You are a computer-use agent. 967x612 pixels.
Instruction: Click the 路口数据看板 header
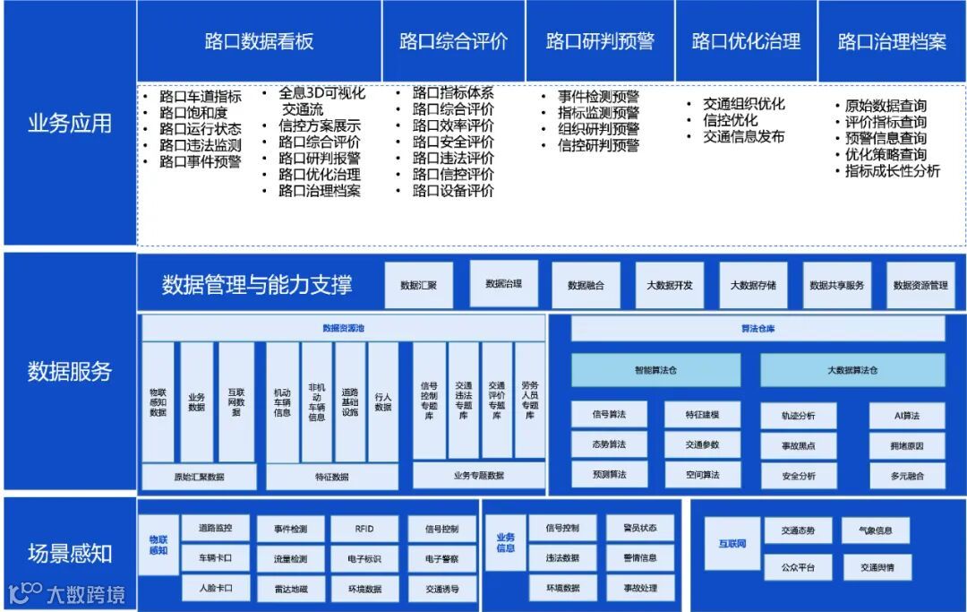(259, 41)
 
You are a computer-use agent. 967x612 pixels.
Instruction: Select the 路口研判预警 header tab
(600, 41)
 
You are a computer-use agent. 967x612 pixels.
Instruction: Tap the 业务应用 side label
(69, 123)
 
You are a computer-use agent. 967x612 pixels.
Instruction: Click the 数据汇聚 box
(418, 285)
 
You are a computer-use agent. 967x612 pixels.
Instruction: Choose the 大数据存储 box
(753, 285)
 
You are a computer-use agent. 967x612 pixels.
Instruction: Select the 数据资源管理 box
(920, 285)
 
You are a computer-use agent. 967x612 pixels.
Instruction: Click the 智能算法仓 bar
(656, 369)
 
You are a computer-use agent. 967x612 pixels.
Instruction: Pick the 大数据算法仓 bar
(852, 369)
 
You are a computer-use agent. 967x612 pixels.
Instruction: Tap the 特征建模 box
(702, 415)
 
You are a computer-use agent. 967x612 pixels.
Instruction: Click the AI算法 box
(907, 415)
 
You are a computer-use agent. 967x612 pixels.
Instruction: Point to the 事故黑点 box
(798, 445)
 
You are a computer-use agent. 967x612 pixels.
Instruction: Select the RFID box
(364, 529)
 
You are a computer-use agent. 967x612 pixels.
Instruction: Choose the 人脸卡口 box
(215, 588)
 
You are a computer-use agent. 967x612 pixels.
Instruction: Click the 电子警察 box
(442, 558)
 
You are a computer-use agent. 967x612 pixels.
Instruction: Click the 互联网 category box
(732, 543)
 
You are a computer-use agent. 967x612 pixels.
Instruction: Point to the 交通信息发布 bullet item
(743, 136)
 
